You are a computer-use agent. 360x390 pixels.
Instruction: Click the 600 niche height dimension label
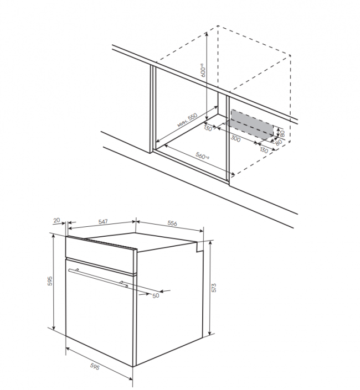coord(203,70)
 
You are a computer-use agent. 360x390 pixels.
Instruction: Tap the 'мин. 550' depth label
coord(187,121)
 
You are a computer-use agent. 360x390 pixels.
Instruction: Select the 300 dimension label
coord(235,138)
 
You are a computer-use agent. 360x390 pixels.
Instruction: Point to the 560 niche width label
coord(202,156)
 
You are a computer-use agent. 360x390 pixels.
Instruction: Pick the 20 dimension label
coord(56,220)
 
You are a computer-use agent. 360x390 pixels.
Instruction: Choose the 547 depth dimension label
coord(103,222)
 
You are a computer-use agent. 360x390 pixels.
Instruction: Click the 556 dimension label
coord(172,223)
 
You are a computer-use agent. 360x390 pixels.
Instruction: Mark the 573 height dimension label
coord(214,288)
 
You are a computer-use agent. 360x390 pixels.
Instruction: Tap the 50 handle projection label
coord(156,296)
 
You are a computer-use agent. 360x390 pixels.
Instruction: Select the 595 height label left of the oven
coord(50,280)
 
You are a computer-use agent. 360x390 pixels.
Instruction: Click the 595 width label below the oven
coord(95,367)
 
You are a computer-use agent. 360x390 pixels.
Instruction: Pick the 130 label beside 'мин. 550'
coord(208,128)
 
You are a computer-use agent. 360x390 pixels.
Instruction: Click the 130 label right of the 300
coord(264,150)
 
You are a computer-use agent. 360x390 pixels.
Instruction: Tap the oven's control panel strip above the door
coord(101,254)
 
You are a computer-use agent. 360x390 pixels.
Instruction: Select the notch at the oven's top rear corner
coord(199,247)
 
